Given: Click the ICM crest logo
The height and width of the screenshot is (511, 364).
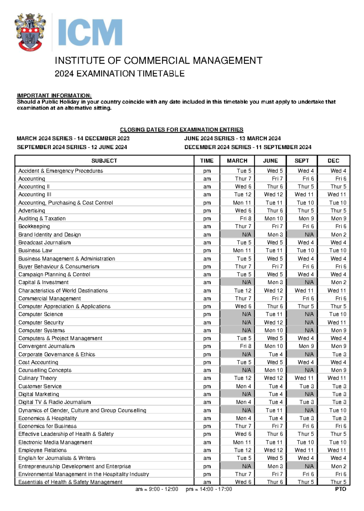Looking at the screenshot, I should coord(30,32).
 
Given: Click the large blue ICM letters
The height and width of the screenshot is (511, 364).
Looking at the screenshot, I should coord(90,32).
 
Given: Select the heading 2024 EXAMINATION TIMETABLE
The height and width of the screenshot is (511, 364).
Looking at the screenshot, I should coord(120,74).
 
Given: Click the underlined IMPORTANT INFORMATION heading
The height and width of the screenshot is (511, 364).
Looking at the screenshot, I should coord(54,96).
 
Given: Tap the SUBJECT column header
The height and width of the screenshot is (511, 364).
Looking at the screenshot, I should coord(104,161).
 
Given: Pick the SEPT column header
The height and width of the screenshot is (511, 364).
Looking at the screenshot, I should coord(302,161).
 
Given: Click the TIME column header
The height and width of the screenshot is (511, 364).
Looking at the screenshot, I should coord(207,161).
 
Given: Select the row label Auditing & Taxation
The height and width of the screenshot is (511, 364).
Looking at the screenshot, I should coord(42,219).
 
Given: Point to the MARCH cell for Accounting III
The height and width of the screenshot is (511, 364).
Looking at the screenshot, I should coord(242,195).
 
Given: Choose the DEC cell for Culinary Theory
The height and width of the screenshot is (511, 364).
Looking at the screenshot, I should coord(336,378).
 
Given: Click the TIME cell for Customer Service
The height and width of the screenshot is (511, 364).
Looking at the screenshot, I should coord(207,386).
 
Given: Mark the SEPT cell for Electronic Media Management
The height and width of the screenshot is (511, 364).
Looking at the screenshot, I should coord(305,442).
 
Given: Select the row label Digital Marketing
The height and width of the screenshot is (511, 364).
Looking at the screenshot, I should coord(39,394).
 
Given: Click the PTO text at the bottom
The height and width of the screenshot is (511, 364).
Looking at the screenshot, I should coord(340,489).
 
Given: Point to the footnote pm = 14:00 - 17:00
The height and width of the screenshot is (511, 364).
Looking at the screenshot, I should coord(209,489).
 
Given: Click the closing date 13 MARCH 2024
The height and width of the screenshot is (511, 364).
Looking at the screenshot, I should coord(260,138).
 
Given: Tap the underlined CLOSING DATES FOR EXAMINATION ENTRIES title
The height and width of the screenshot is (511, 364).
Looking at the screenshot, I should coord(181,130).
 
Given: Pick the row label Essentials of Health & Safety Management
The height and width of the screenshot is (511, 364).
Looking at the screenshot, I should coord(70,482).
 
